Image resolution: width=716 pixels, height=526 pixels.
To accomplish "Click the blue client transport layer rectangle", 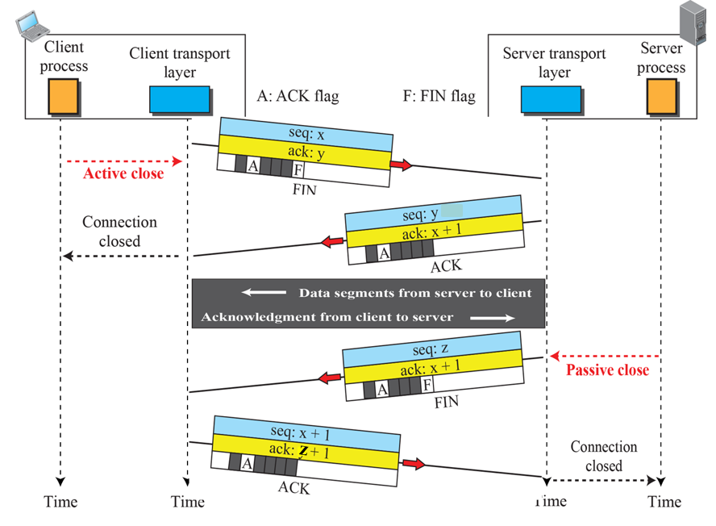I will (x=179, y=99).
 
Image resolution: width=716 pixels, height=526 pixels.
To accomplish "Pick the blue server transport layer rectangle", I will (x=551, y=98).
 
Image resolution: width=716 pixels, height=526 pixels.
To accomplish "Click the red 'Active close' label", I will (x=123, y=173).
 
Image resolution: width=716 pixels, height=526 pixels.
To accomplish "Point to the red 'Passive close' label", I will (x=607, y=370).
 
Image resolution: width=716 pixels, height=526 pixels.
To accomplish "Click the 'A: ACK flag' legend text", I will (x=298, y=96).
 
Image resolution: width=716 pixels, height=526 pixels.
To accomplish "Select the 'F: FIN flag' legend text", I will (x=439, y=96).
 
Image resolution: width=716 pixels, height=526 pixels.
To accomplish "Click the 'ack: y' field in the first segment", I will (x=306, y=153).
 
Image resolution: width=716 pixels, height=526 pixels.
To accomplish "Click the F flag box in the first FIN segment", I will (x=298, y=169).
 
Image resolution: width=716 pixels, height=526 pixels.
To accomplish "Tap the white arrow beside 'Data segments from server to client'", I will (x=265, y=293).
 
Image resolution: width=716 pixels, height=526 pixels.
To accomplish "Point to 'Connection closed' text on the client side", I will (x=119, y=231).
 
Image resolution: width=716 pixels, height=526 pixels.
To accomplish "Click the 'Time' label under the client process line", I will (x=60, y=502).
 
